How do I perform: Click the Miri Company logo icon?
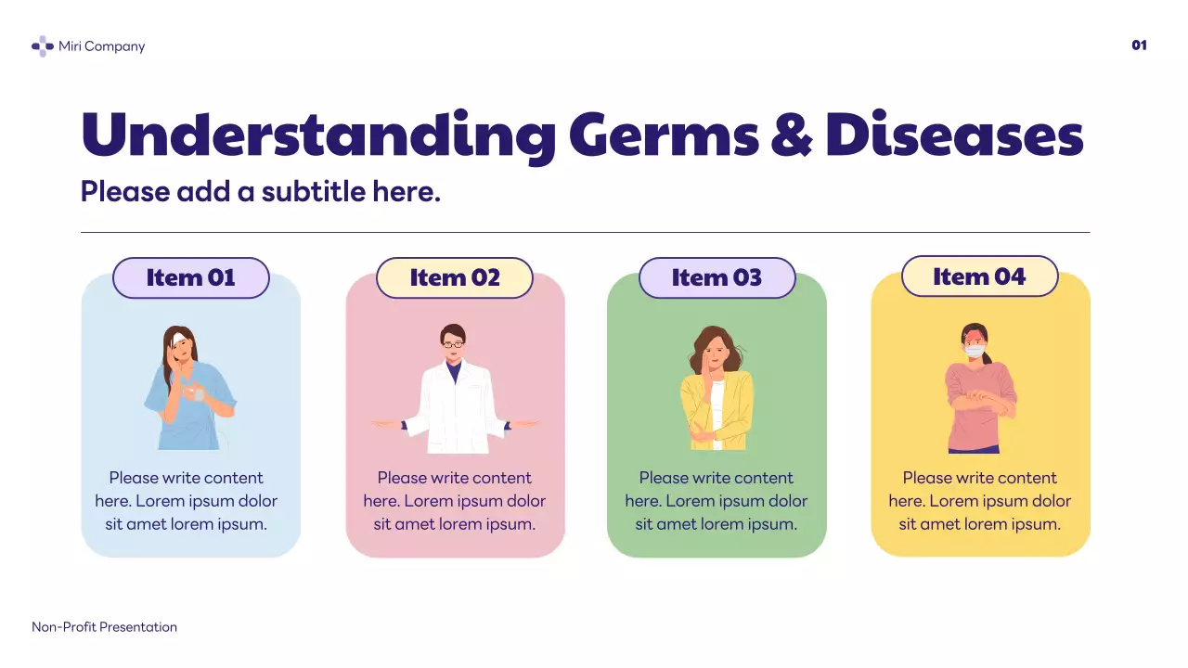[43, 46]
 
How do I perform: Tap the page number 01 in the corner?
[1139, 45]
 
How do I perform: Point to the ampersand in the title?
[792, 135]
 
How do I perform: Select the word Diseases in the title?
[954, 135]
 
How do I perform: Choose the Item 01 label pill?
[191, 277]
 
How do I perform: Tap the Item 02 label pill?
[455, 277]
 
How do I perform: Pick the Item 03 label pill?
[717, 277]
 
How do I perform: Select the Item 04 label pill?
[979, 276]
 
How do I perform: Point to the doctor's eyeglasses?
[453, 344]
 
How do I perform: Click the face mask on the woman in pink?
[974, 351]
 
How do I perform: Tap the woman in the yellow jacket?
[716, 390]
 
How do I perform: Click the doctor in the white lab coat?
[455, 399]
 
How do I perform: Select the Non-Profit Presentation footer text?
[104, 627]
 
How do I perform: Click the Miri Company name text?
[101, 46]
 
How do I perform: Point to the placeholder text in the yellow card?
[979, 501]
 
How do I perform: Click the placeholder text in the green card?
[717, 501]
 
